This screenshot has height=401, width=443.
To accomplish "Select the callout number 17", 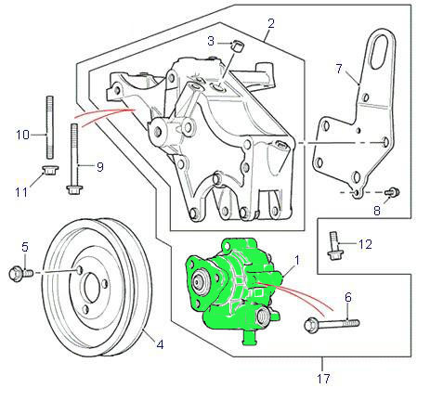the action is coord(323,379).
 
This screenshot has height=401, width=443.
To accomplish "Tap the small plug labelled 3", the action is coord(238,46).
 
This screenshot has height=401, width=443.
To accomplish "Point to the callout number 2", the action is coord(271,24).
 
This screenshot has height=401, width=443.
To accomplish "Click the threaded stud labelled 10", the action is coord(50,127).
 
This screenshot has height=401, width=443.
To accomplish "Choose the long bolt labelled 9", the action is coord(73,159).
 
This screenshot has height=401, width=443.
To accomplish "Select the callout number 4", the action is coord(160,344).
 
